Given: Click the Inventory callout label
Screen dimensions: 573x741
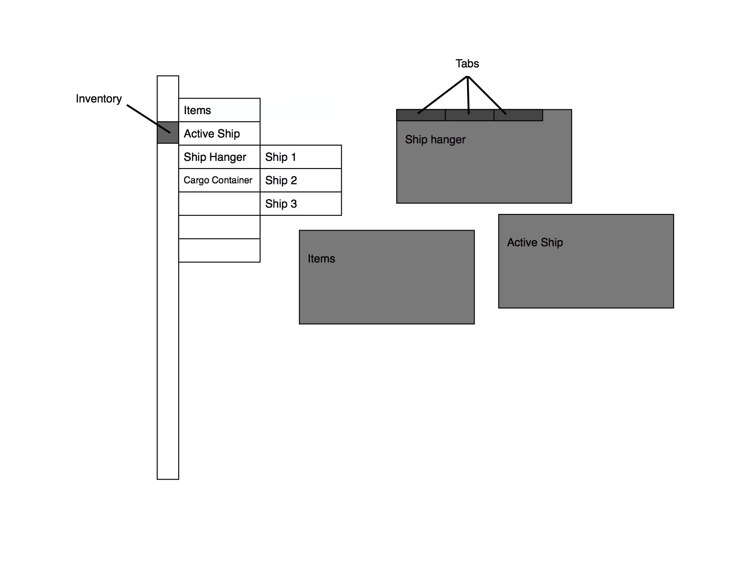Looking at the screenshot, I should (x=98, y=99).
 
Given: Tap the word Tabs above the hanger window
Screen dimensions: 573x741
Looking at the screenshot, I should (x=467, y=64).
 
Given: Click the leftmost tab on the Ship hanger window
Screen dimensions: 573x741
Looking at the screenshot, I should (x=421, y=115).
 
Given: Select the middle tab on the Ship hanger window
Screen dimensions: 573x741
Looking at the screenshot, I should (x=469, y=115).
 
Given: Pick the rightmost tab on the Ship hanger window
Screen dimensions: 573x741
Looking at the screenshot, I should (x=518, y=115).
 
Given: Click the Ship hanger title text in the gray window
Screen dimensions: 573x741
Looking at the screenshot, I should (x=435, y=140).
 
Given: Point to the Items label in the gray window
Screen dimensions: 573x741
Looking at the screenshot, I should (x=321, y=259).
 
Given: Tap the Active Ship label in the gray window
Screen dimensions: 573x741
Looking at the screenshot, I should (x=535, y=243).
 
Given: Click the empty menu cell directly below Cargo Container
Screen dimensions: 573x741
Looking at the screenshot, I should (x=219, y=204).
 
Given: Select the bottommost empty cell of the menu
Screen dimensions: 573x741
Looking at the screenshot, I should (x=219, y=250).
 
